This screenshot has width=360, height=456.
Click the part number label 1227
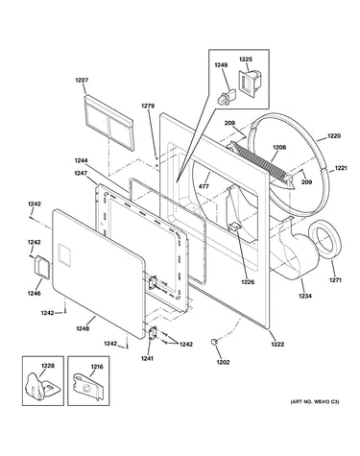(x=82, y=81)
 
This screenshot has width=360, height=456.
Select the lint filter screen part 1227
(x=108, y=122)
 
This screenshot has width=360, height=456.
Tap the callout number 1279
(x=148, y=106)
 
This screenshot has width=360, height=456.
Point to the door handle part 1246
(x=42, y=266)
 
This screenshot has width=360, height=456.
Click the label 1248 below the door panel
(x=83, y=328)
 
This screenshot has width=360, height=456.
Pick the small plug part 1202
(x=213, y=342)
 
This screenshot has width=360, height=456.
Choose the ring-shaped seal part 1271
(x=324, y=237)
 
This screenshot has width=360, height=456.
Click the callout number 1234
(x=305, y=296)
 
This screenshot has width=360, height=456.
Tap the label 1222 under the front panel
(x=277, y=344)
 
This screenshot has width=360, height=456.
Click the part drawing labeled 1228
(x=42, y=387)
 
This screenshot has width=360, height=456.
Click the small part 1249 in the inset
(x=226, y=97)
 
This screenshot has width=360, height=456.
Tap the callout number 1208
(x=279, y=148)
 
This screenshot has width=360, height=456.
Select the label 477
(x=204, y=186)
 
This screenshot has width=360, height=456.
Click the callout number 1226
(x=248, y=282)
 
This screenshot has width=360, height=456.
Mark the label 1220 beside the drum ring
(x=334, y=136)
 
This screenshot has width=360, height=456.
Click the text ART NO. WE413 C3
(x=315, y=401)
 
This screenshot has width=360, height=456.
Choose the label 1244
(x=82, y=160)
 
